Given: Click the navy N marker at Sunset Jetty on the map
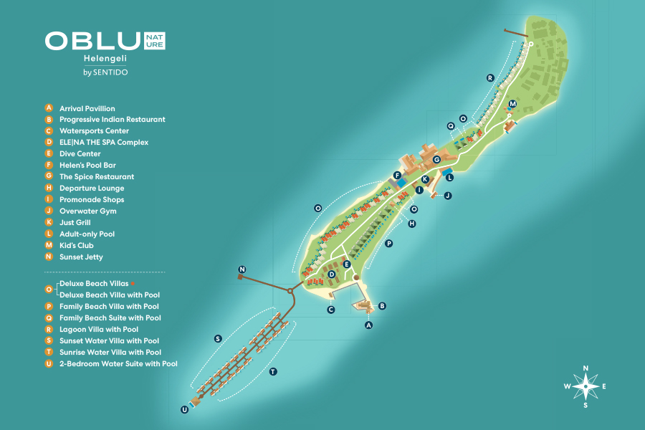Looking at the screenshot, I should coord(242,269).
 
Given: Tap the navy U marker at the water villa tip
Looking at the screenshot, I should coord(185,409).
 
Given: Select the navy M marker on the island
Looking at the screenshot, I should coord(512,104).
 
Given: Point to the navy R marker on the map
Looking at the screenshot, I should coord(490,77).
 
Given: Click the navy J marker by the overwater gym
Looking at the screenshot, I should coord(448,195).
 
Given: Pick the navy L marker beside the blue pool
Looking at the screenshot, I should coord(450,176).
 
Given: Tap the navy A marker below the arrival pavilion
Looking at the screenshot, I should coord(369,325).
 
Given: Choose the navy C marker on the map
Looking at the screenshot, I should coord(331,310).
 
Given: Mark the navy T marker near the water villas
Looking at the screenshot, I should coord(273,372).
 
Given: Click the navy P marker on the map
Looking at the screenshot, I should coord(389,244).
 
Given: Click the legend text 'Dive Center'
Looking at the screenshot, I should coord(80,154).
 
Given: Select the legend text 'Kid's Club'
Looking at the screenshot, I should coord(77,246).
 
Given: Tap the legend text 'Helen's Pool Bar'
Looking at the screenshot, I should coord(87,166).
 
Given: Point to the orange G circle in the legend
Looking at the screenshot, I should coord(49,177).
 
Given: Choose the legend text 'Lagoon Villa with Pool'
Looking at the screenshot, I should coord(99,330).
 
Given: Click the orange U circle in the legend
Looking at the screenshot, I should coord(49,364).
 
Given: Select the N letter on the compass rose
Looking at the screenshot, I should coord(586,368).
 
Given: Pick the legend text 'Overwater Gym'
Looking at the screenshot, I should coord(88,211).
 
